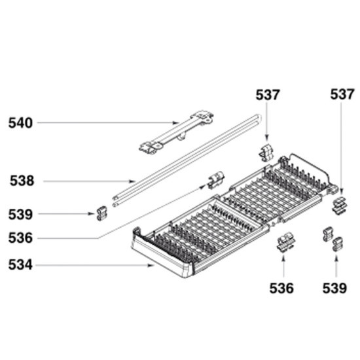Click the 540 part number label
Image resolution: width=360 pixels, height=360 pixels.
tap(20, 123)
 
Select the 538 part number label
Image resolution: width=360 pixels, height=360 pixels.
tap(22, 181)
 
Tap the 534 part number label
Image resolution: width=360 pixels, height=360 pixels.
tap(20, 264)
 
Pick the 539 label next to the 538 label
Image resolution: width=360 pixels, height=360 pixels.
tap(20, 215)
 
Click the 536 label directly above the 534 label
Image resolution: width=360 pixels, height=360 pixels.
tap(20, 238)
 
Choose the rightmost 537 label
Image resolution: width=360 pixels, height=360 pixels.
tap(342, 95)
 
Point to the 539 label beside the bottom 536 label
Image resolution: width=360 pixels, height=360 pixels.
tap(334, 289)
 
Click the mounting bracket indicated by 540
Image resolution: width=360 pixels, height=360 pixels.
tap(176, 132)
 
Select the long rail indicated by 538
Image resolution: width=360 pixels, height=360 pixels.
tap(187, 159)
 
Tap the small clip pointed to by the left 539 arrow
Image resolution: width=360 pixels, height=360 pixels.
tap(101, 213)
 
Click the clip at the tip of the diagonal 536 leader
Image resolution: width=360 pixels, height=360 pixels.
tap(216, 180)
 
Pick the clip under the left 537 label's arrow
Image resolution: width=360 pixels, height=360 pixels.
tap(266, 152)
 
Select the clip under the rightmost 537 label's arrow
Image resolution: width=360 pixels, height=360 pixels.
tap(339, 205)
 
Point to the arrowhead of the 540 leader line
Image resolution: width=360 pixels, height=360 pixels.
tap(175, 123)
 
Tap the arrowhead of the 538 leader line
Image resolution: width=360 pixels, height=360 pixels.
tap(133, 181)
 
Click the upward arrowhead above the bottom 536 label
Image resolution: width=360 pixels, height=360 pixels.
tap(283, 257)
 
